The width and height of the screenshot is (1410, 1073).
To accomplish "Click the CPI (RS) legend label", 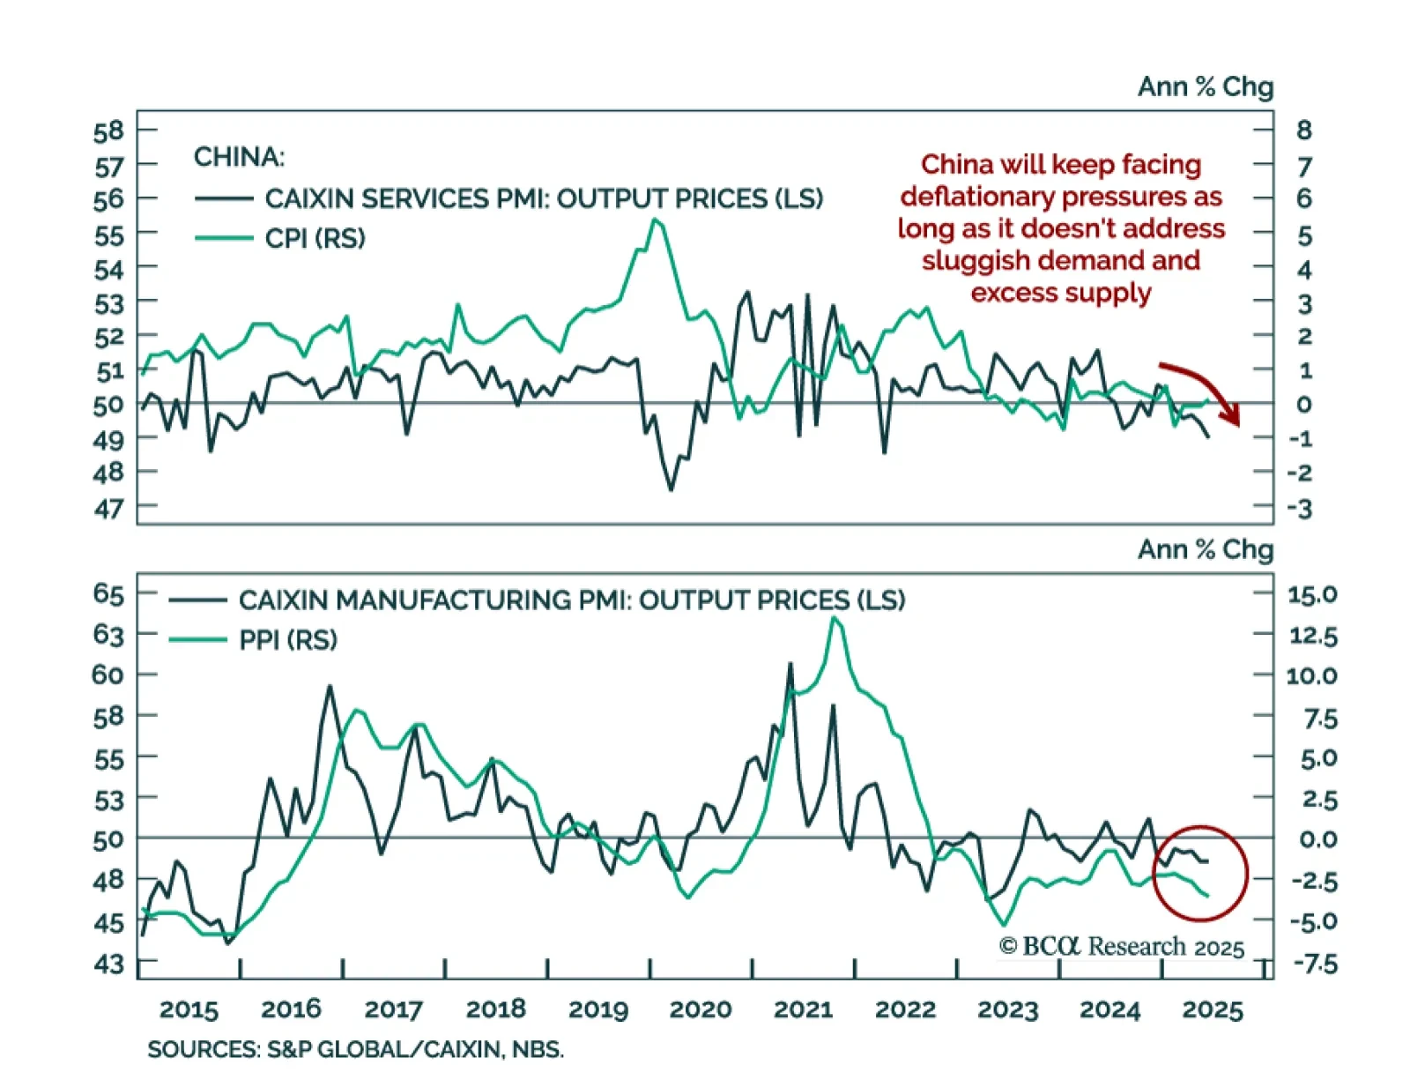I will (315, 238).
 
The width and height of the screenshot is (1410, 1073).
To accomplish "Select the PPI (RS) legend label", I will (288, 640).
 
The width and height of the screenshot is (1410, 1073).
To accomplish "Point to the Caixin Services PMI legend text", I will (544, 198).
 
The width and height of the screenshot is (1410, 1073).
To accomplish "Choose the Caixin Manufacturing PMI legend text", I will (572, 600).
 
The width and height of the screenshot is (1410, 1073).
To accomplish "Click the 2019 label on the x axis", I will (598, 1010).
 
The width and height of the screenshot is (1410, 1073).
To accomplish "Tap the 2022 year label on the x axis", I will (905, 1010).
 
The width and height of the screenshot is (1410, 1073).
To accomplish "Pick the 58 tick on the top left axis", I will (109, 132).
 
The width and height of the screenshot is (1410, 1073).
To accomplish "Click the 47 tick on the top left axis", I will (109, 509).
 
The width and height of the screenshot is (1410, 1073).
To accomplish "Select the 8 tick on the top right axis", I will (1303, 130).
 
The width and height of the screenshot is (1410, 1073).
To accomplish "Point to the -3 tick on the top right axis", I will (1301, 509).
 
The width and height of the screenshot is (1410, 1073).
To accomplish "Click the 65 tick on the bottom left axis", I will (108, 594).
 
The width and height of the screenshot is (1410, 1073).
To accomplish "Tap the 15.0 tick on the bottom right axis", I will (1312, 595).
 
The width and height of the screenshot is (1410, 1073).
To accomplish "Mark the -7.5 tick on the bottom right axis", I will (1314, 964).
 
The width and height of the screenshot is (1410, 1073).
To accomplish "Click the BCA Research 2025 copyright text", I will (1122, 947).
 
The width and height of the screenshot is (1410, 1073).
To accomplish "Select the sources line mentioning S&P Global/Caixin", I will (355, 1050).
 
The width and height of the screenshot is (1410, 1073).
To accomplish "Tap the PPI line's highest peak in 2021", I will (834, 617).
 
